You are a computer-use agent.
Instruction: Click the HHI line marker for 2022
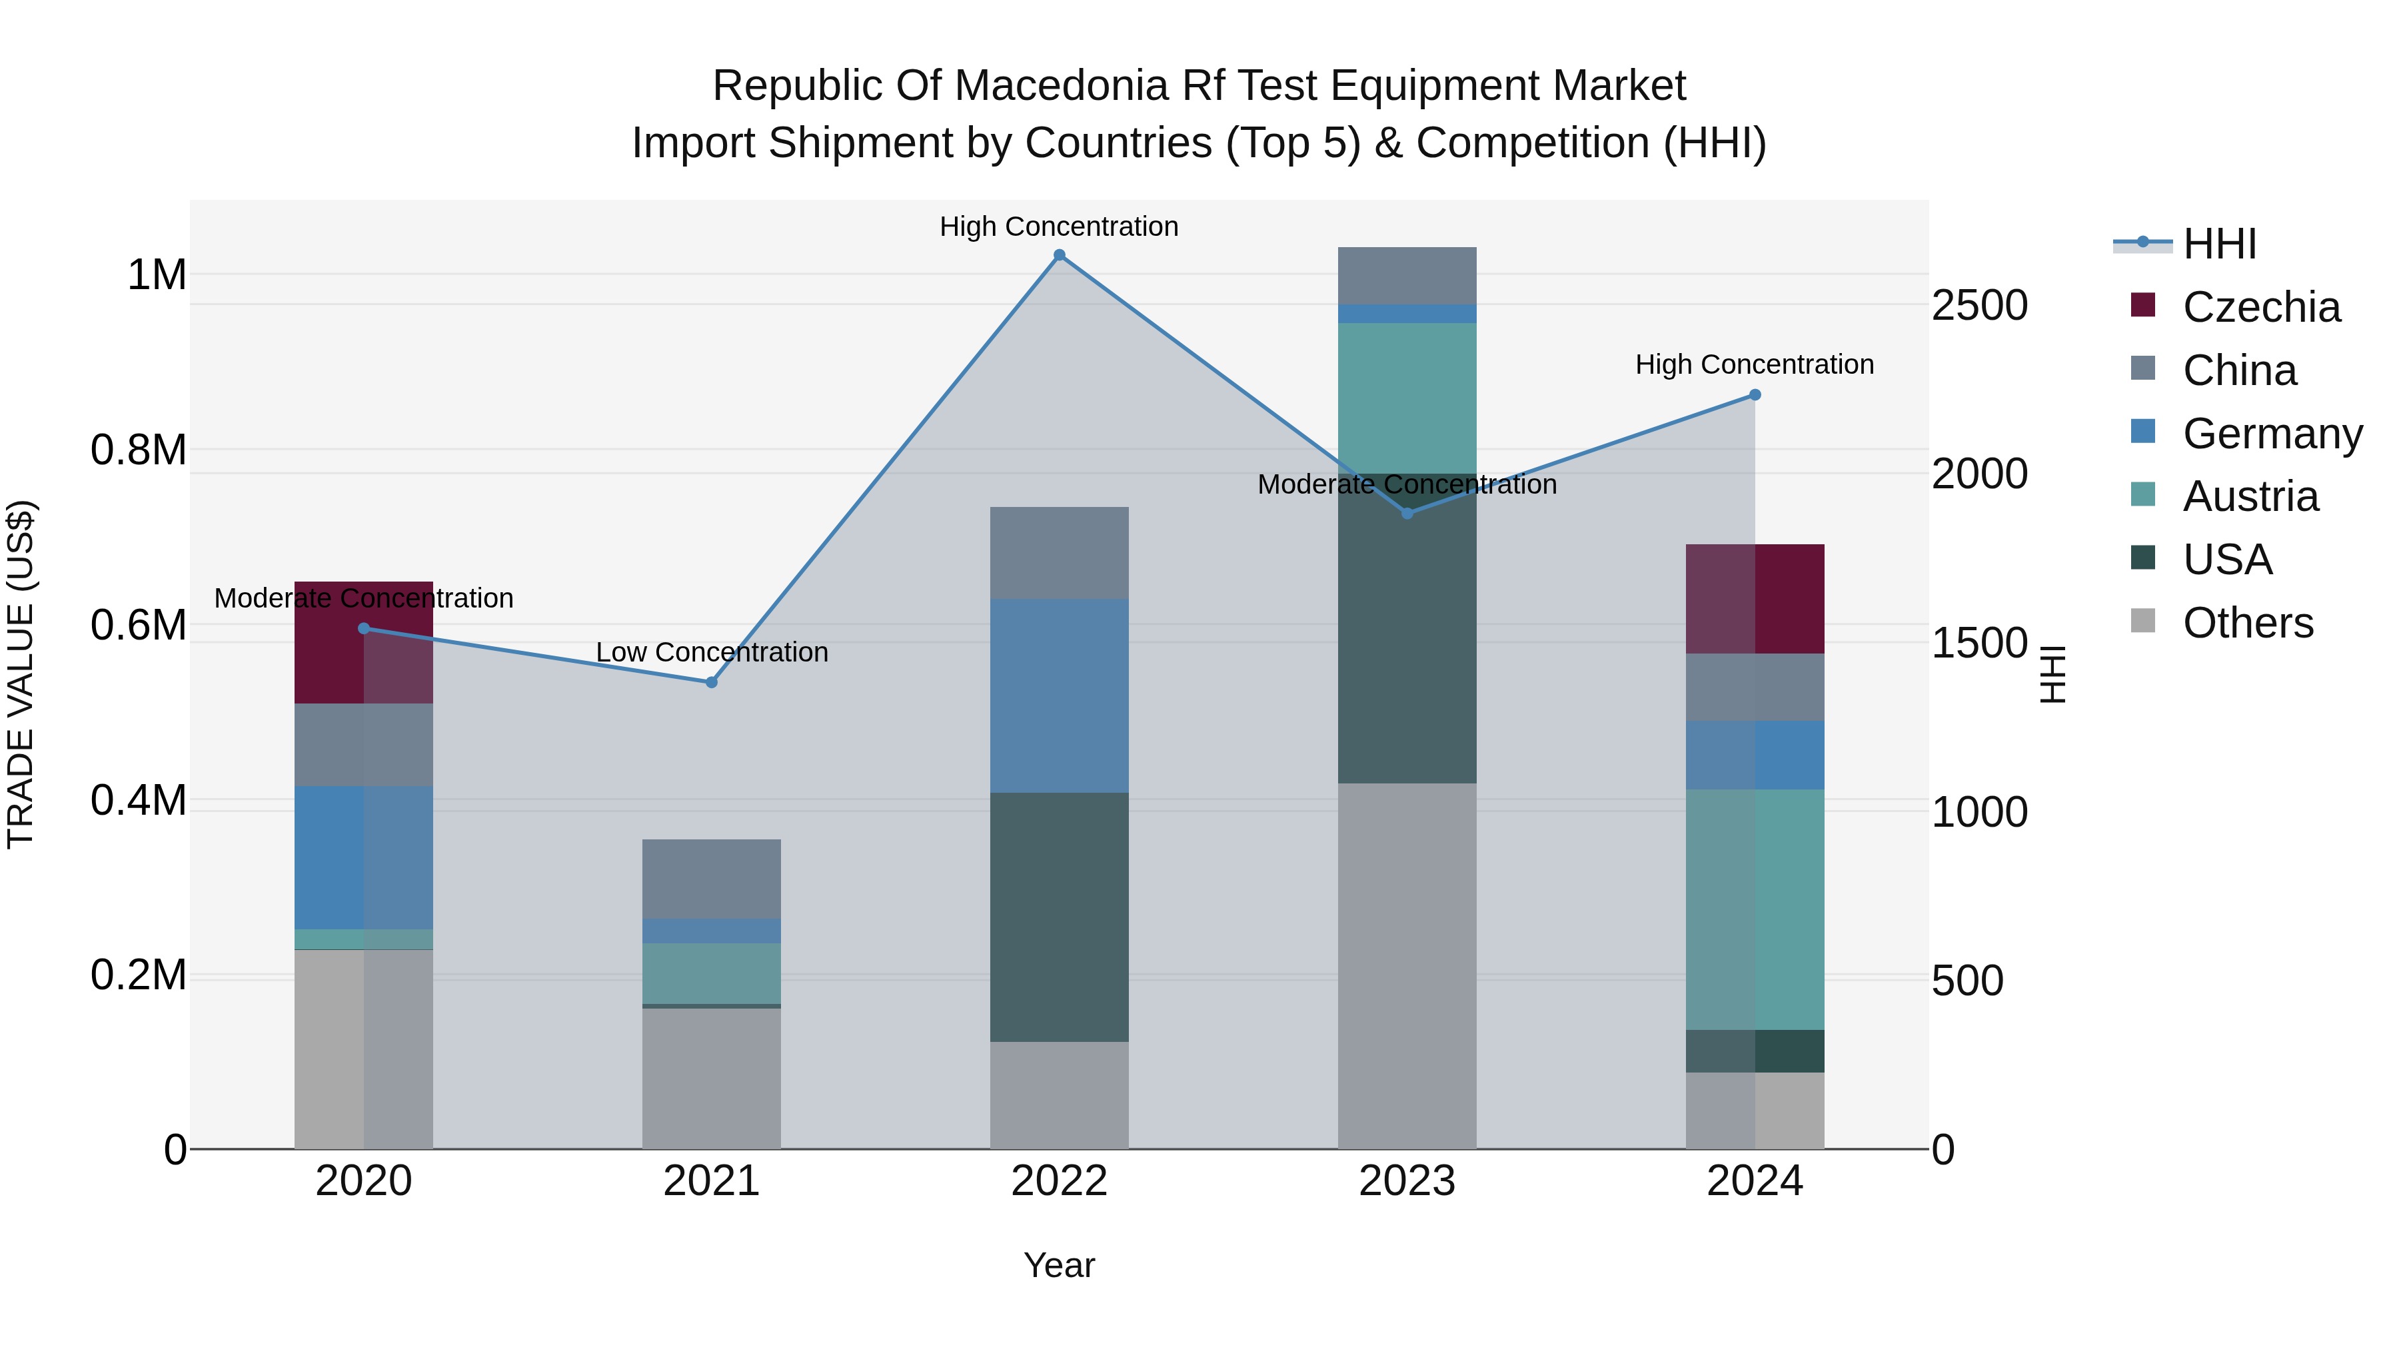(1059, 255)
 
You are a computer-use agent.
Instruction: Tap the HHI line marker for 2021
(712, 682)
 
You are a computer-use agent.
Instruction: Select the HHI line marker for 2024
(1755, 395)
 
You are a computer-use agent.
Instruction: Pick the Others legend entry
(2246, 623)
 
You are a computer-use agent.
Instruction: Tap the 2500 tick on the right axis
(1979, 305)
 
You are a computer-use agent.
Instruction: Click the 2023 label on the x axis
(1406, 1181)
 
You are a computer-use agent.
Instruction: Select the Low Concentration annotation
(712, 652)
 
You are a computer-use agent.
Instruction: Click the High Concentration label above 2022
(1059, 226)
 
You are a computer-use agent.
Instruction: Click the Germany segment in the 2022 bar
(1059, 695)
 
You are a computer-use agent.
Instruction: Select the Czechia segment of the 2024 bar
(1755, 599)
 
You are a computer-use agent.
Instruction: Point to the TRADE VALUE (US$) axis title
(21, 674)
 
